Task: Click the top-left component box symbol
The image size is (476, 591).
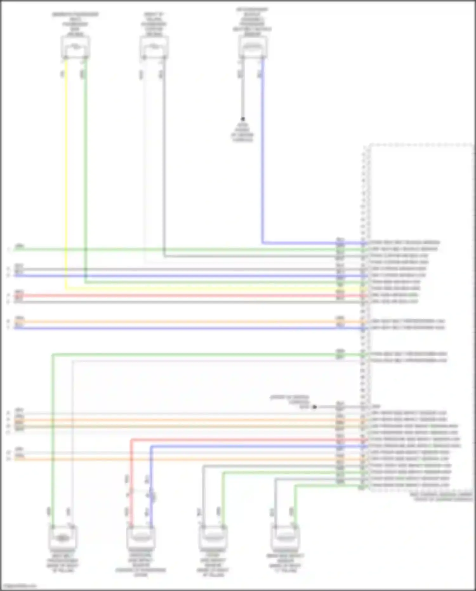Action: pos(75,47)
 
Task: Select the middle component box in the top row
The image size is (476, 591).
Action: pos(154,47)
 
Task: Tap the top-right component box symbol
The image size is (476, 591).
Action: pos(253,48)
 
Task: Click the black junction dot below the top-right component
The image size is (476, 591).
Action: pos(243,119)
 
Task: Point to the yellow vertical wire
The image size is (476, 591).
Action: pos(66,175)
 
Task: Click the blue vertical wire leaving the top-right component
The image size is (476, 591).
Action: pos(263,152)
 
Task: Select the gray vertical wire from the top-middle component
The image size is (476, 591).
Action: pos(164,159)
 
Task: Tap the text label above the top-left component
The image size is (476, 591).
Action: pos(75,24)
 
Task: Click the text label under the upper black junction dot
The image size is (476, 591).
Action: pos(242,132)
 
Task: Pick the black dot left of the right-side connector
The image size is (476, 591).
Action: pos(314,407)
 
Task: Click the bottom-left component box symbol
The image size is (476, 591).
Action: pos(63,537)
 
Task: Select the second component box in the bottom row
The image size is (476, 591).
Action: pos(141,537)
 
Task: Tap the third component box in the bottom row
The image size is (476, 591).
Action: pos(213,537)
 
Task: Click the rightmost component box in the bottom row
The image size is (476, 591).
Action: pos(285,537)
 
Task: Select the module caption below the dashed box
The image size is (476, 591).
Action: pos(441,497)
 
